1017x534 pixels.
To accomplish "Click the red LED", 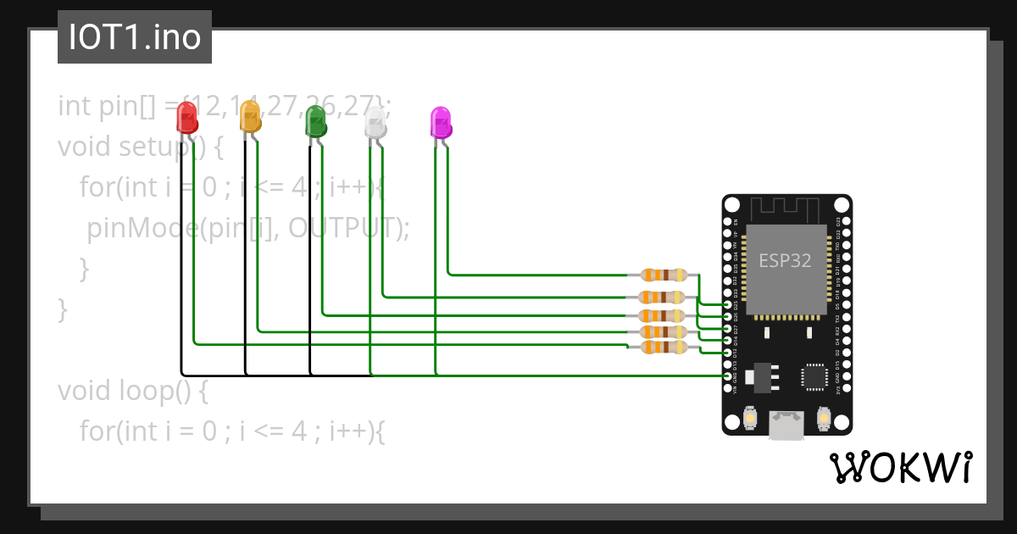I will [186, 118].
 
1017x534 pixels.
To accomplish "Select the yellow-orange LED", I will [250, 116].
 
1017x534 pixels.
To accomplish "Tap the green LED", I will [315, 122].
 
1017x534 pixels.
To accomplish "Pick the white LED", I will [375, 125].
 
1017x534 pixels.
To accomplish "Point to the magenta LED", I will [441, 123].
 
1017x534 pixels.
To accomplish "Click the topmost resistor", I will [664, 275].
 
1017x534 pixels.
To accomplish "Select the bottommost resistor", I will [664, 347].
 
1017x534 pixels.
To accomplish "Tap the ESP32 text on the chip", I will [784, 261].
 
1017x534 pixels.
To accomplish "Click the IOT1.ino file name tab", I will [135, 37].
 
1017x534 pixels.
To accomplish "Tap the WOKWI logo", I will [900, 467].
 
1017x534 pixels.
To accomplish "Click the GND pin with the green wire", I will [727, 375].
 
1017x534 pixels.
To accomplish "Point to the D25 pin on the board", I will [727, 304].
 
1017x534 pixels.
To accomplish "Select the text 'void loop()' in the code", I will [132, 391].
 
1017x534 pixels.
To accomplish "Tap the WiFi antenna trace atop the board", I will [786, 209].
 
